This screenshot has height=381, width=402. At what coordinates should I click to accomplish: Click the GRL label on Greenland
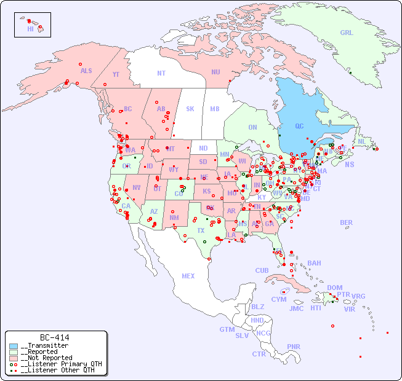pyautogui.click(x=347, y=33)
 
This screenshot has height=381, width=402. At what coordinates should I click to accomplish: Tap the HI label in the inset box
pyautogui.click(x=30, y=28)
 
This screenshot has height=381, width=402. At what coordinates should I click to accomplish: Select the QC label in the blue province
pyautogui.click(x=299, y=126)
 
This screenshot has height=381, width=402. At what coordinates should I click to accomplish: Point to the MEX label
pyautogui.click(x=188, y=276)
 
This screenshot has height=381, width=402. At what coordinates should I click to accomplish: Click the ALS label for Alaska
pyautogui.click(x=86, y=71)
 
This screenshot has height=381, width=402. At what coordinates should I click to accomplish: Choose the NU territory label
pyautogui.click(x=215, y=72)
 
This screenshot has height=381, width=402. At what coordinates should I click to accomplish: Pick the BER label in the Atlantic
pyautogui.click(x=347, y=222)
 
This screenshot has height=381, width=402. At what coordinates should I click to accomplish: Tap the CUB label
pyautogui.click(x=262, y=270)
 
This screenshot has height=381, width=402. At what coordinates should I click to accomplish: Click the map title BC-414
pyautogui.click(x=54, y=337)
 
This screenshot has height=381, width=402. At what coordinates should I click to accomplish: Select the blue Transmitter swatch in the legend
pyautogui.click(x=14, y=346)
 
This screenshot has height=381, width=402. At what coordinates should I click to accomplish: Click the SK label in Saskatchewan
pyautogui.click(x=190, y=109)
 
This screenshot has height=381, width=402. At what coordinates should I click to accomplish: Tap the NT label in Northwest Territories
pyautogui.click(x=161, y=73)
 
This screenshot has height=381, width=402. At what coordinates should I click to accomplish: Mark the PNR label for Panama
pyautogui.click(x=294, y=347)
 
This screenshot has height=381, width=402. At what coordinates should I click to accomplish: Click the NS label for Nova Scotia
pyautogui.click(x=350, y=164)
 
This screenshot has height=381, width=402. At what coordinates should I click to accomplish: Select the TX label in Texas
pyautogui.click(x=201, y=230)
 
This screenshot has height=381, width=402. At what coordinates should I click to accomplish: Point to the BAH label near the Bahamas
pyautogui.click(x=314, y=263)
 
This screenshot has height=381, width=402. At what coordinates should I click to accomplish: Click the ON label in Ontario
pyautogui.click(x=252, y=127)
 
